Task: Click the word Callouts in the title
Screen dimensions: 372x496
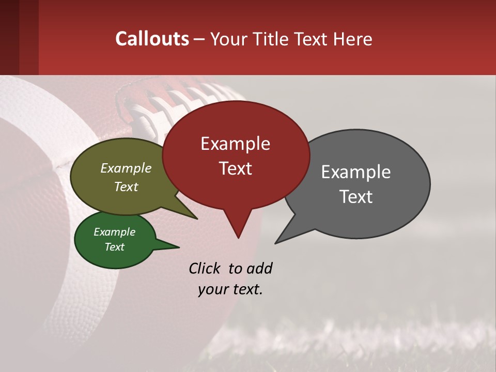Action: [x=152, y=39]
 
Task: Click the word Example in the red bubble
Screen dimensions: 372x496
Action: [x=235, y=144]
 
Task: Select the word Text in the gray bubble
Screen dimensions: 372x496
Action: [x=357, y=197]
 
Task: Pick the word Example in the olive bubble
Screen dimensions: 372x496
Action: [x=126, y=168]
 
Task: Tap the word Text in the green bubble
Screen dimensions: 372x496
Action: [x=115, y=247]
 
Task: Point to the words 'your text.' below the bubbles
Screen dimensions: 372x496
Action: [x=230, y=289]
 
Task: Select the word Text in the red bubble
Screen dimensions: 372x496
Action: [x=235, y=168]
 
